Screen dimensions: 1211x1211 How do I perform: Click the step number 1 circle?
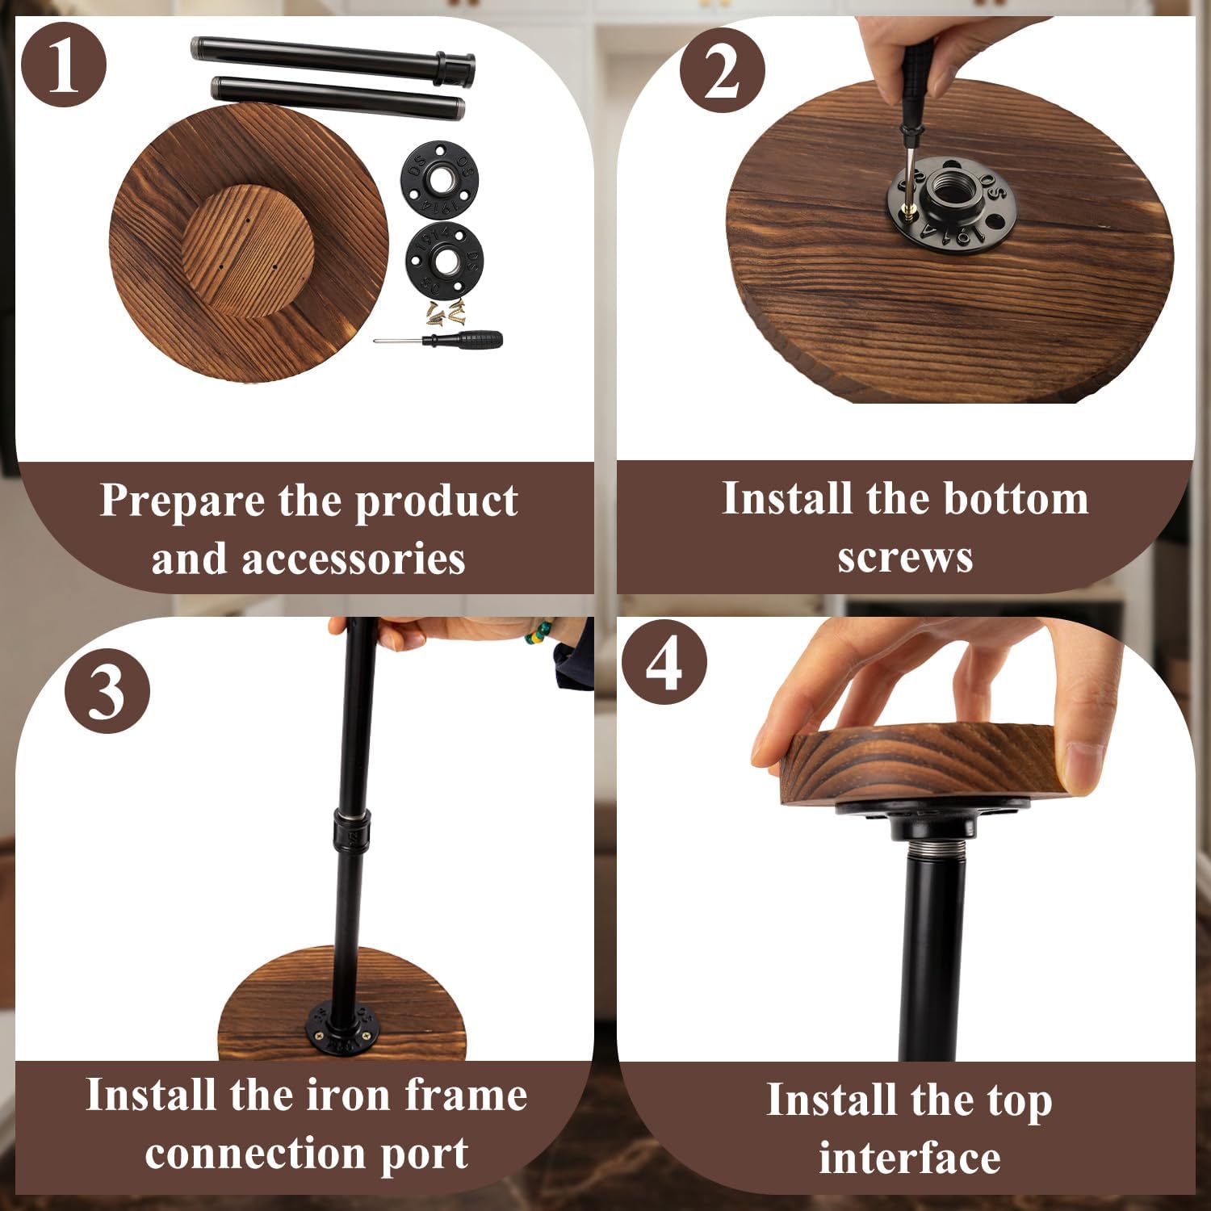(64, 65)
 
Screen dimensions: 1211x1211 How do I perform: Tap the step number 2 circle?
(721, 70)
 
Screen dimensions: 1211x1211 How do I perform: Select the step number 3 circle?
(107, 692)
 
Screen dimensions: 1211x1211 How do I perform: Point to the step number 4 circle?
(664, 662)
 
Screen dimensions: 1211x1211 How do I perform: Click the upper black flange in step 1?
(439, 180)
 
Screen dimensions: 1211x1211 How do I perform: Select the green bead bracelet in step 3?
(539, 632)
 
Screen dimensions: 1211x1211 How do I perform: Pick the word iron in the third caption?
(352, 1096)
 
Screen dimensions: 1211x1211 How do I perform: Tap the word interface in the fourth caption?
(910, 1158)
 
